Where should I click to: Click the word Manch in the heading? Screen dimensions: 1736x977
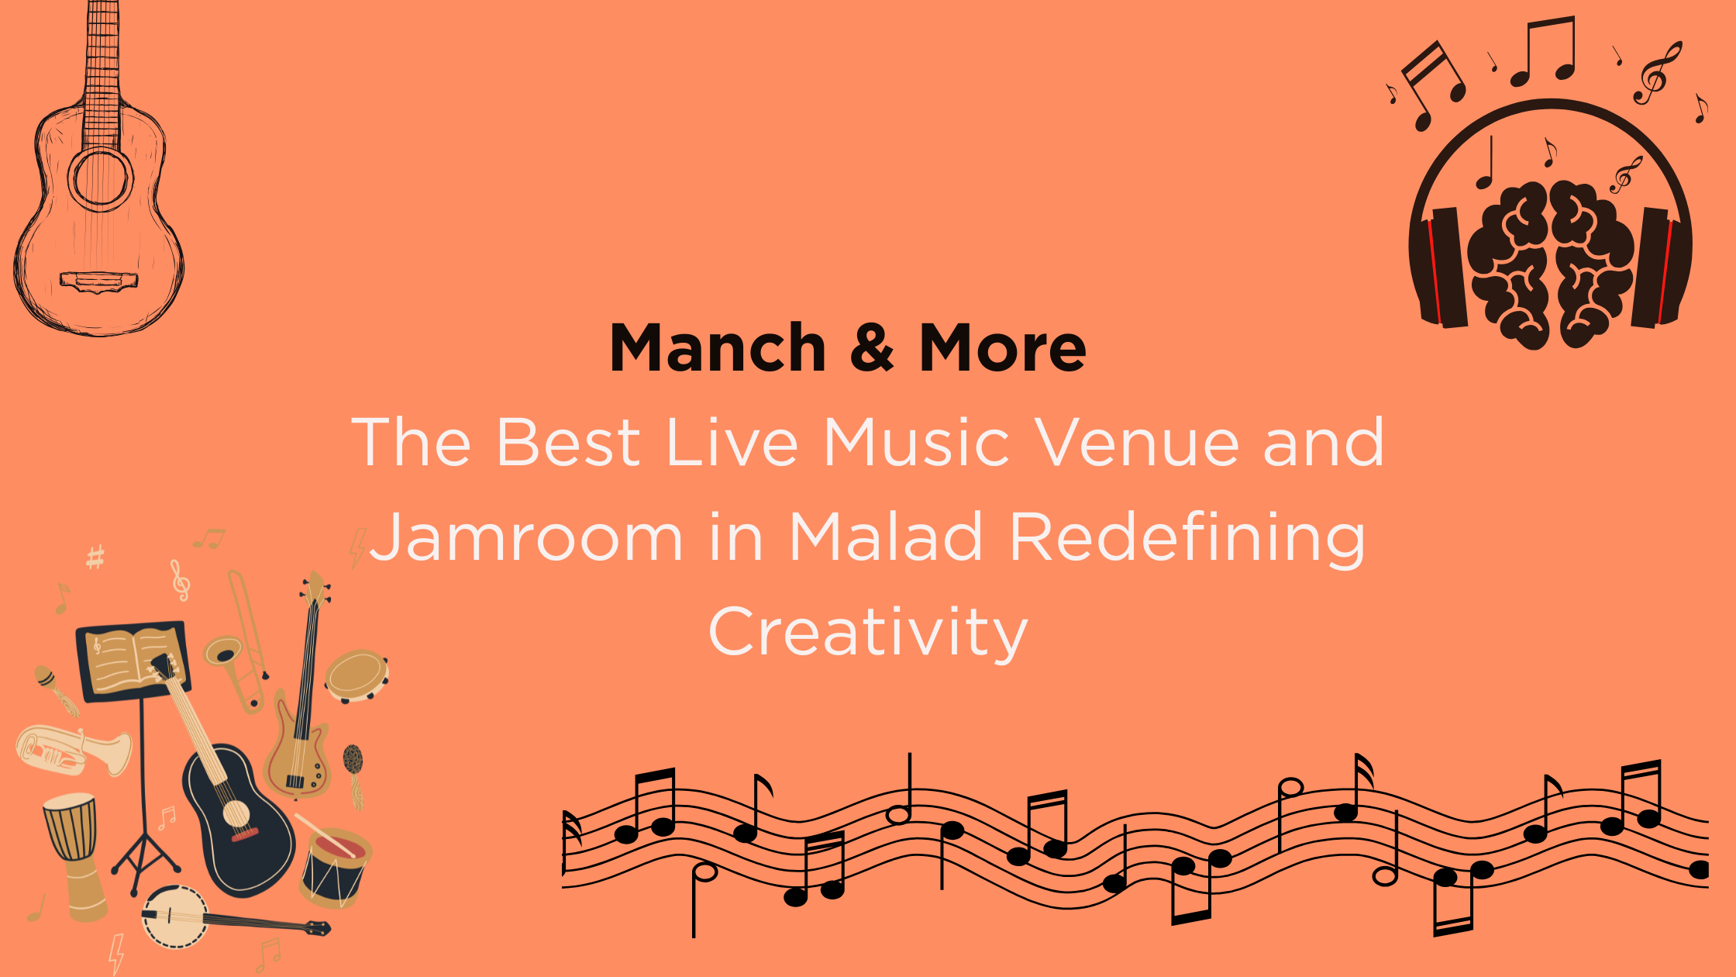click(x=718, y=348)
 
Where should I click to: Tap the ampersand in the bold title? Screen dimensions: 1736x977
click(x=872, y=348)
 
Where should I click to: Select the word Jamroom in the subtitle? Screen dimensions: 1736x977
click(x=526, y=537)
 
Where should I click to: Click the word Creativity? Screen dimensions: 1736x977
click(x=868, y=633)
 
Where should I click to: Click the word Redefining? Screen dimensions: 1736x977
click(x=1187, y=538)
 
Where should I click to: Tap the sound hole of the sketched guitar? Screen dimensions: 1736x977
click(x=100, y=178)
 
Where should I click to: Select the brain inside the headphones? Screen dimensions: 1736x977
click(x=1549, y=264)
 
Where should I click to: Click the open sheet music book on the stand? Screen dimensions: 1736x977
click(x=133, y=660)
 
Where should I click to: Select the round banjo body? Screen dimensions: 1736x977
click(x=175, y=916)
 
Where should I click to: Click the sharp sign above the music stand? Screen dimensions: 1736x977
click(x=95, y=557)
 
